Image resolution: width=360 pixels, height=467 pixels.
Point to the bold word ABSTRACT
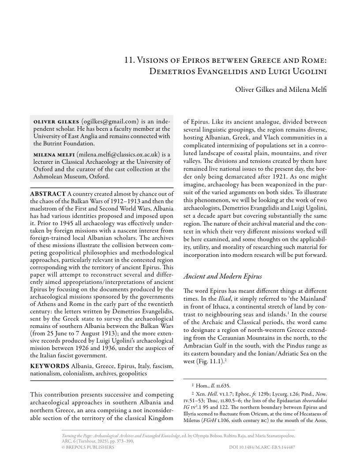click(x=48, y=193)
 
